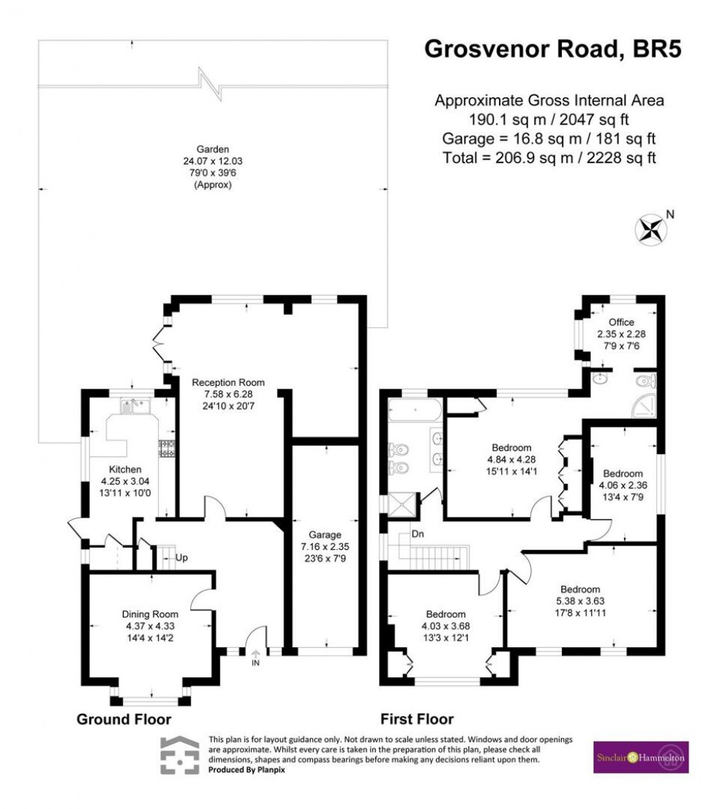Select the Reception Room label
click(x=228, y=382)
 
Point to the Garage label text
click(x=326, y=534)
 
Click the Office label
click(x=622, y=322)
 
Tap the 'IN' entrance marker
click(x=255, y=663)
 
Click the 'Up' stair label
click(x=181, y=558)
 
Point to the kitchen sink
click(x=135, y=404)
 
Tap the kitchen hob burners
click(x=165, y=448)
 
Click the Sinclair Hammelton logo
click(x=639, y=757)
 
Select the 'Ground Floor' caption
click(x=124, y=719)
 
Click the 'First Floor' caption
click(x=416, y=719)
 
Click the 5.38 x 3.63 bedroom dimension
click(x=580, y=603)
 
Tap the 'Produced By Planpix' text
click(x=247, y=770)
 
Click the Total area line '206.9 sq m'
click(x=549, y=157)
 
